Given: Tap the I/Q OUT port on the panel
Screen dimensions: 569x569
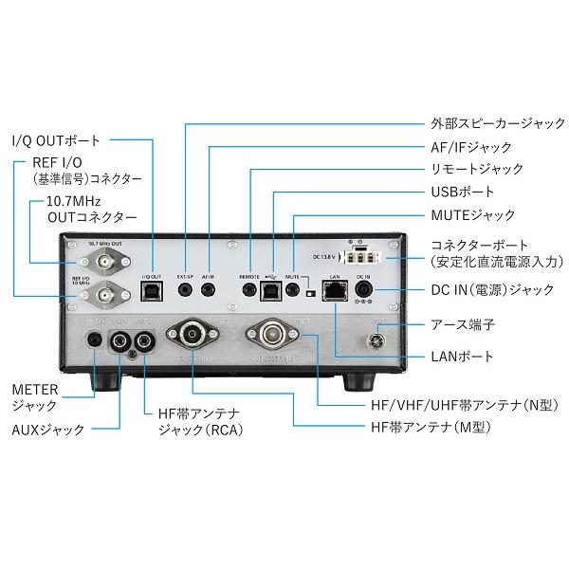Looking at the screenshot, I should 153,293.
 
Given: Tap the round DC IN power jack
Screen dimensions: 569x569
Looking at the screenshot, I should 363,293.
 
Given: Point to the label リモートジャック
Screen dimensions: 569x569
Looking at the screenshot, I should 471,170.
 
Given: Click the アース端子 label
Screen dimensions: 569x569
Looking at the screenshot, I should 462,325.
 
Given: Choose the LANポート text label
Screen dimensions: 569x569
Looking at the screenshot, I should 457,357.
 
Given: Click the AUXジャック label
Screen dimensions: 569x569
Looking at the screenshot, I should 46,430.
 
